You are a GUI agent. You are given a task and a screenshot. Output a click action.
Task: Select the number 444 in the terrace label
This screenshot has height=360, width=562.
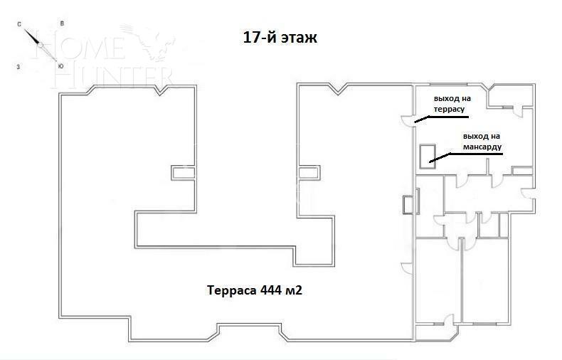point(271,290)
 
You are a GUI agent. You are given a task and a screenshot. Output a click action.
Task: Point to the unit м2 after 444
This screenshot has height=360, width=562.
point(303,290)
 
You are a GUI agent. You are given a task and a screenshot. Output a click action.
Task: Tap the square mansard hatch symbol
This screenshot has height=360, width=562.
point(428,156)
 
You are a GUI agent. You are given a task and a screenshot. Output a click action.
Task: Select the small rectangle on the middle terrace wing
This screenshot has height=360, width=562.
point(307,172)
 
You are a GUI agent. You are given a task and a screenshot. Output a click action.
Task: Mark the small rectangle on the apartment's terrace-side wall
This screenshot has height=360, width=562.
point(407,204)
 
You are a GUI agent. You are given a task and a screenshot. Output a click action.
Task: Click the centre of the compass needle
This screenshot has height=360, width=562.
point(41,46)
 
